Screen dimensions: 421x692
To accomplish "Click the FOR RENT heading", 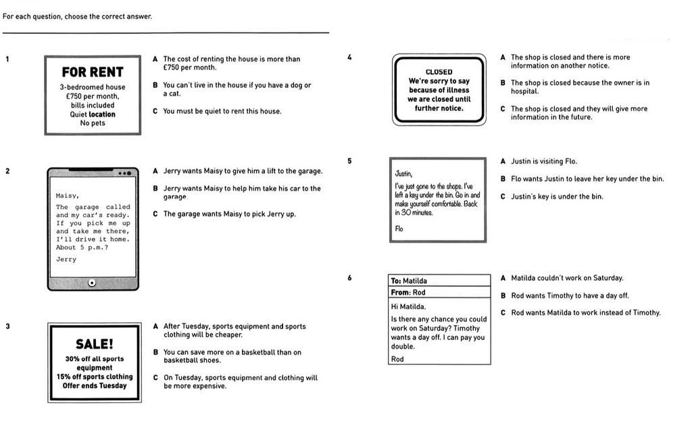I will tap(93, 72).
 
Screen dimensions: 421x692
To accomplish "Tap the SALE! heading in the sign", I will tap(94, 344).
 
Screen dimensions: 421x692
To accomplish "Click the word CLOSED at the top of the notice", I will tap(439, 72).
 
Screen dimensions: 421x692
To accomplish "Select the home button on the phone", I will tap(92, 282).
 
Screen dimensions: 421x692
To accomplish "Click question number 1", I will tap(7, 59).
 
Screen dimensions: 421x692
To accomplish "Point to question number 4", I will tap(349, 57).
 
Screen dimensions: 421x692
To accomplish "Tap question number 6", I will tap(349, 278).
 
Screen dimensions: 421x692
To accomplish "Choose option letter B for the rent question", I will tap(155, 85).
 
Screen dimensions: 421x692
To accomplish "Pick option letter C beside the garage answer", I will tap(155, 214).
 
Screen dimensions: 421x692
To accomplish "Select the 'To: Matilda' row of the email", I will tap(439, 280).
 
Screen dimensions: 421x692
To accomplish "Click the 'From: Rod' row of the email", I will tap(439, 293).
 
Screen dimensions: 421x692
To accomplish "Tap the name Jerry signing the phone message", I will tap(66, 259).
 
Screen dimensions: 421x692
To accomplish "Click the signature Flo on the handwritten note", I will tap(399, 228).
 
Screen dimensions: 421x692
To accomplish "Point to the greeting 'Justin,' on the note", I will tap(403, 174).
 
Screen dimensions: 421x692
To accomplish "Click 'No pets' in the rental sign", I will tap(93, 123).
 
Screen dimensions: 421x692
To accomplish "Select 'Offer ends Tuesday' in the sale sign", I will tap(94, 386).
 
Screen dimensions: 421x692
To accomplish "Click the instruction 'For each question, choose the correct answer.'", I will tap(77, 16).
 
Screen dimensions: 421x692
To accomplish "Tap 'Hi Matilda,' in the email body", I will tap(408, 306).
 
